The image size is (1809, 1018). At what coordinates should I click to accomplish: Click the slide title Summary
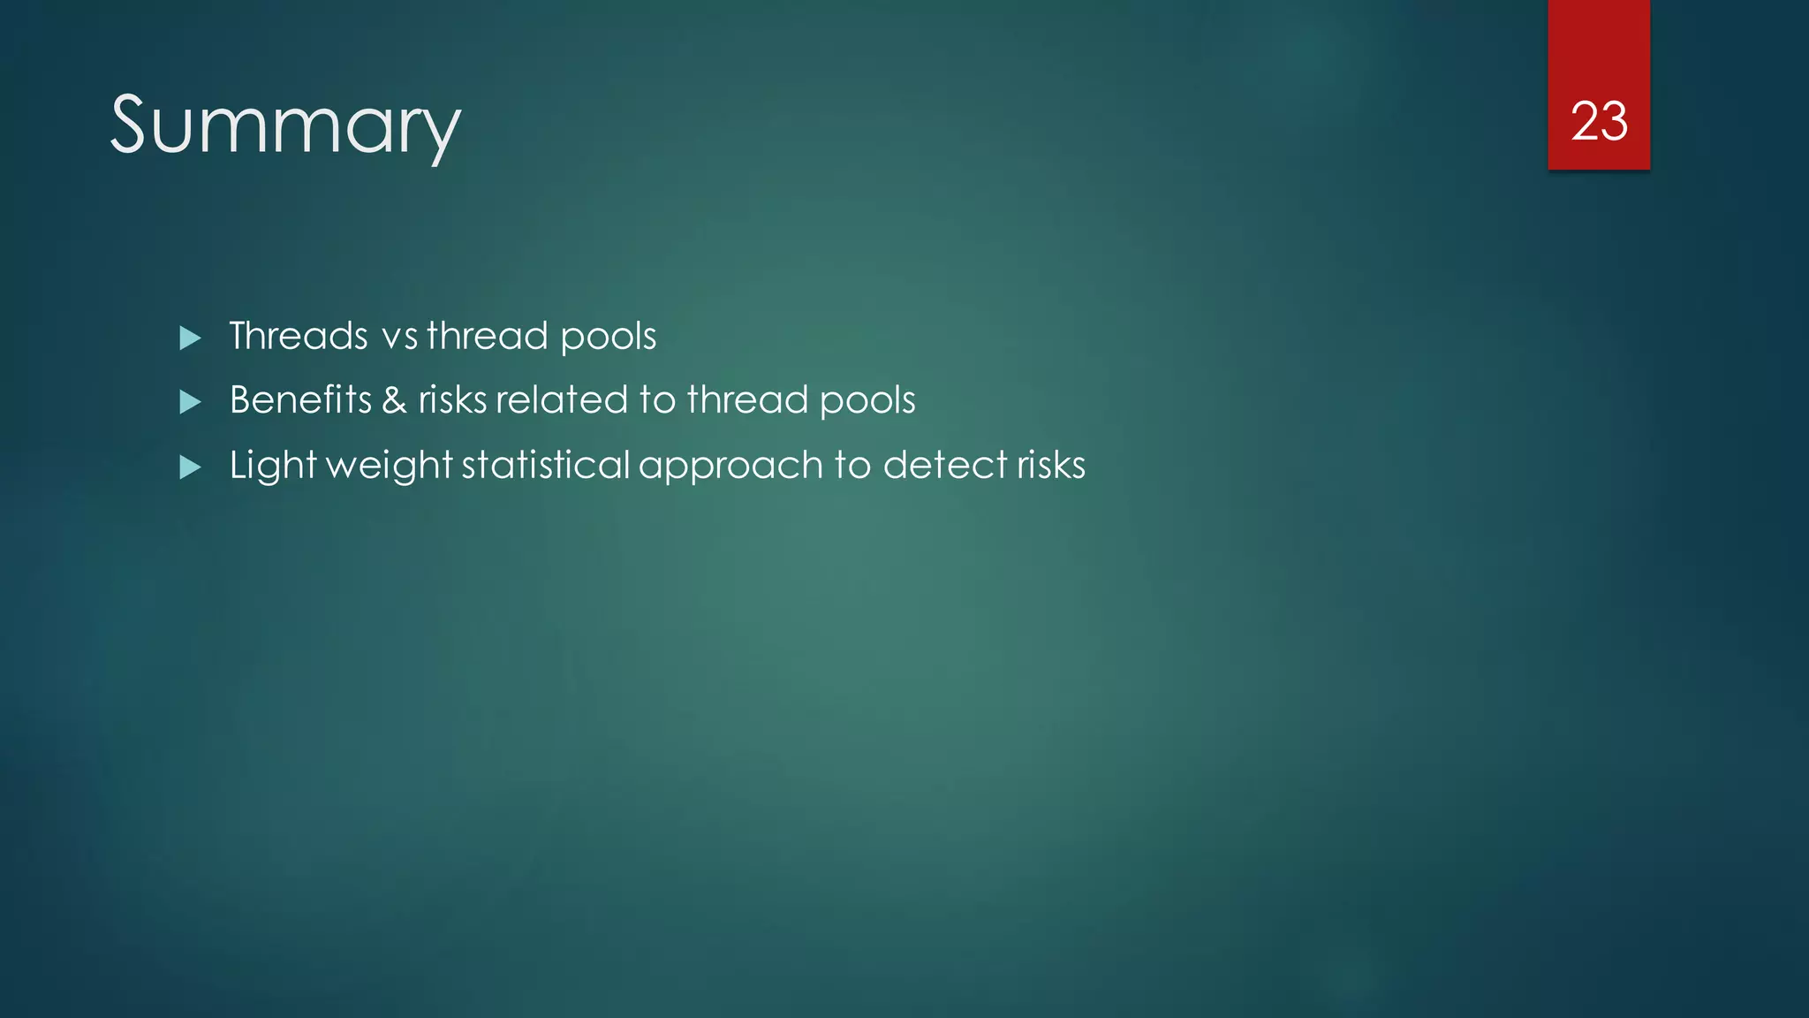(x=285, y=125)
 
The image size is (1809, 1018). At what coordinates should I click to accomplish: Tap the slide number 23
(x=1599, y=121)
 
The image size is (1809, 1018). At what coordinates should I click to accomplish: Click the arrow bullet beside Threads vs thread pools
(x=190, y=338)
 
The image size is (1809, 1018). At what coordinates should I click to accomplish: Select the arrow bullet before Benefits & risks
(x=190, y=402)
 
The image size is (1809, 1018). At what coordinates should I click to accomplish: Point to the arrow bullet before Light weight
(x=190, y=467)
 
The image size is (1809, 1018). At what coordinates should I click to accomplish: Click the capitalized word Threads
(x=299, y=336)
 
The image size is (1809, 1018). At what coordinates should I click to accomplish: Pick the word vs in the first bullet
(x=399, y=337)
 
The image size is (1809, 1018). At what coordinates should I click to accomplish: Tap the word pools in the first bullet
(x=608, y=337)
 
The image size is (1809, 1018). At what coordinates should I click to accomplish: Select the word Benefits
(x=300, y=399)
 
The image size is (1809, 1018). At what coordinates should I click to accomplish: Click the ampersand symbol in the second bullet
(x=394, y=400)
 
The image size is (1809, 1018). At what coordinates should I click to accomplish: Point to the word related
(x=562, y=399)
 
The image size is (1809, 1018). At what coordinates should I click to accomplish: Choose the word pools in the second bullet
(x=867, y=400)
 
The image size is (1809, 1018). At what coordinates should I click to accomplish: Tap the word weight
(x=390, y=466)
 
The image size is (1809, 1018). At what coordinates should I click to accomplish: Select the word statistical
(x=546, y=465)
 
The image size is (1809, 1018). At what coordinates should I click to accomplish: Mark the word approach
(x=730, y=467)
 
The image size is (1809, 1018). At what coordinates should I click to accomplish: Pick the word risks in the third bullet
(x=1051, y=465)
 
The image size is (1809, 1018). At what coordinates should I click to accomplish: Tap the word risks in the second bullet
(x=452, y=399)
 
